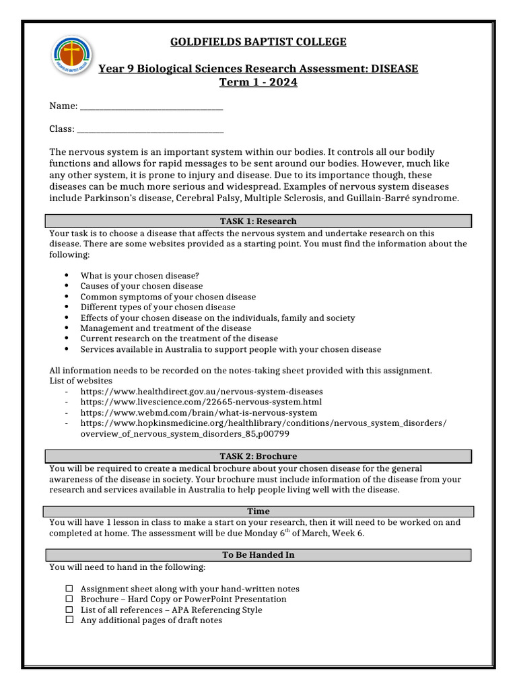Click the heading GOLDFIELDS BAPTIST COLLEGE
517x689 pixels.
click(x=258, y=42)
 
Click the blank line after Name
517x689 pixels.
click(x=151, y=107)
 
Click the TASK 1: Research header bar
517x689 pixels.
click(x=258, y=221)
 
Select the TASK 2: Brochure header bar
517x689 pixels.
click(x=258, y=456)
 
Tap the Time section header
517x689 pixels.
click(x=258, y=511)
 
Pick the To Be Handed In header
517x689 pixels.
click(x=258, y=555)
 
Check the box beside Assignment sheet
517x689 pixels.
click(x=69, y=589)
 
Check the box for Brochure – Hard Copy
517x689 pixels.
click(x=69, y=599)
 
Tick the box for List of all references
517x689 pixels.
click(x=69, y=610)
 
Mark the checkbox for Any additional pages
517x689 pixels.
click(x=69, y=620)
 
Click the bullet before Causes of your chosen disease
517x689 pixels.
click(x=67, y=286)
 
